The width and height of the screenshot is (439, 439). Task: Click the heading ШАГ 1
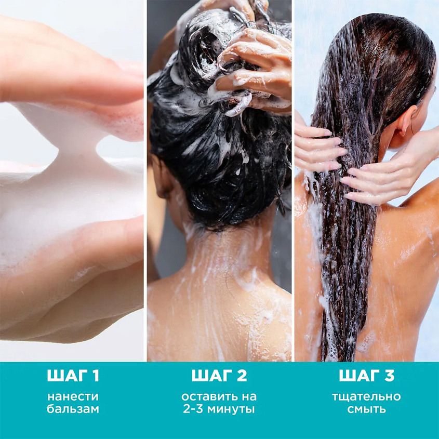(x=73, y=376)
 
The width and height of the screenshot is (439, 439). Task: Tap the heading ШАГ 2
(x=219, y=376)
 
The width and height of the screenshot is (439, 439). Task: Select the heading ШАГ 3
(x=366, y=376)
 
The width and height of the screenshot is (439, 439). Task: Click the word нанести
(x=73, y=397)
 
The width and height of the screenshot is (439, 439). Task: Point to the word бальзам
(x=73, y=409)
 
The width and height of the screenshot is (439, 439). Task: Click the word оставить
(x=208, y=397)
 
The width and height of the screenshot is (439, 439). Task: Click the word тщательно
(x=366, y=397)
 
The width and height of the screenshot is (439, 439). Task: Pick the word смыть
(x=366, y=409)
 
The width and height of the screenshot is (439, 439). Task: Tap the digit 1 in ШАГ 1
(x=96, y=376)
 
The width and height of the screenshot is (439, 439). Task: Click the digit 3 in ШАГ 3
(x=389, y=376)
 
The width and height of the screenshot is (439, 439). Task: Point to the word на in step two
(x=247, y=397)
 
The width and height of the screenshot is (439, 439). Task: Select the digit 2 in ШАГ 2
(x=242, y=376)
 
